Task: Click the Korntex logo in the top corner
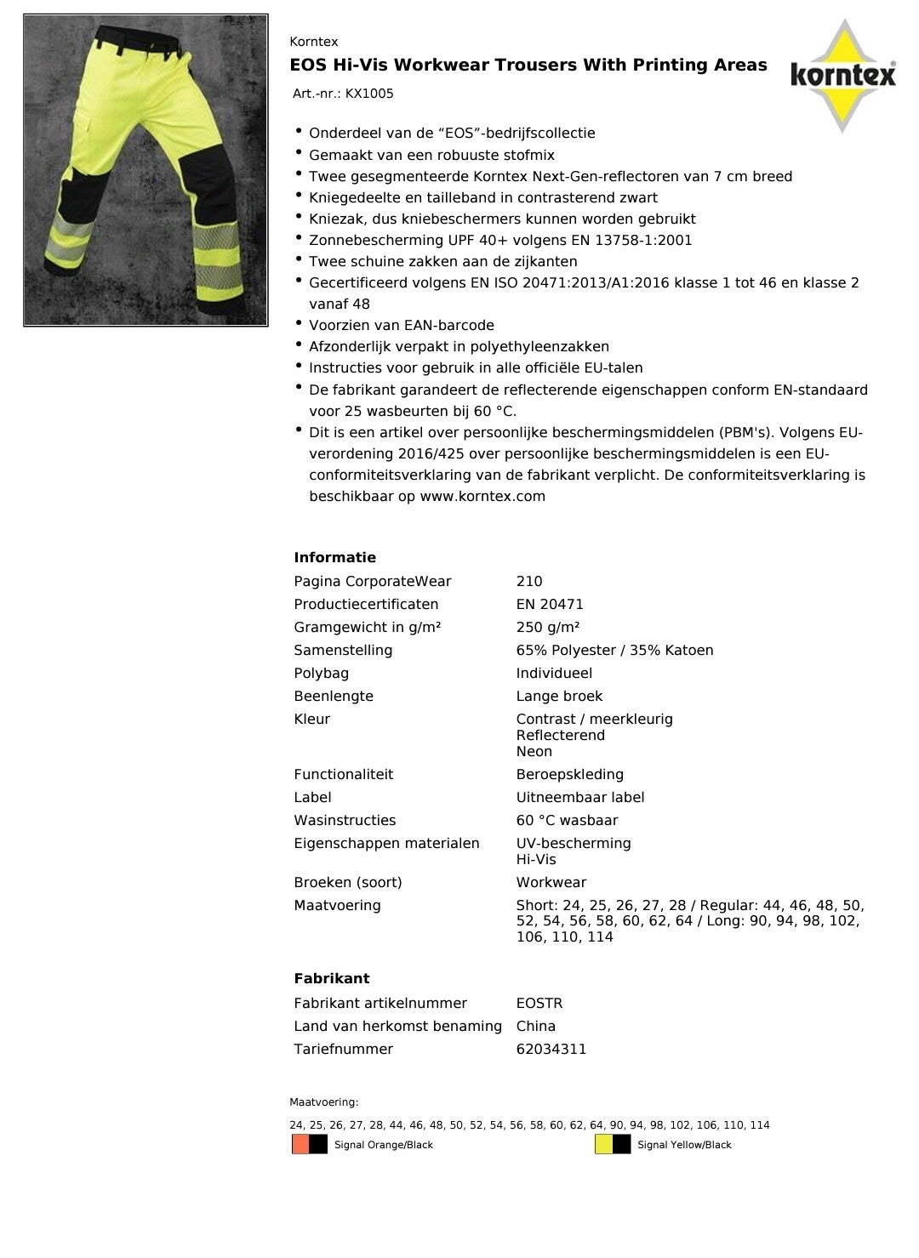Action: pos(842,76)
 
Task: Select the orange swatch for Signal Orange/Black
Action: pos(300,1145)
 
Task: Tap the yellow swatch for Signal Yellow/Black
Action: pos(603,1145)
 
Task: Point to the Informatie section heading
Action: pos(334,558)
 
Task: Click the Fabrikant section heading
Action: pos(332,979)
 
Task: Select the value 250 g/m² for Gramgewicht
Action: pos(548,628)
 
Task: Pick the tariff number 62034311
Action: pos(551,1050)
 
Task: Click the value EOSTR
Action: pos(539,1004)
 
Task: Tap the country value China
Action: pos(536,1027)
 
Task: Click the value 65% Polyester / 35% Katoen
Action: pos(614,651)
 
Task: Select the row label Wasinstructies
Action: pos(345,821)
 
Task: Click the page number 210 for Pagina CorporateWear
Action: pos(529,582)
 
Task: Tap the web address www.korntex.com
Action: pos(482,497)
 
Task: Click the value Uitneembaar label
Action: pos(580,798)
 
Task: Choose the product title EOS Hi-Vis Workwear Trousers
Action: pos(528,65)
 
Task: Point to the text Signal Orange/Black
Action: pos(384,1146)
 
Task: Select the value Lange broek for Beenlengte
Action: pos(559,697)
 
